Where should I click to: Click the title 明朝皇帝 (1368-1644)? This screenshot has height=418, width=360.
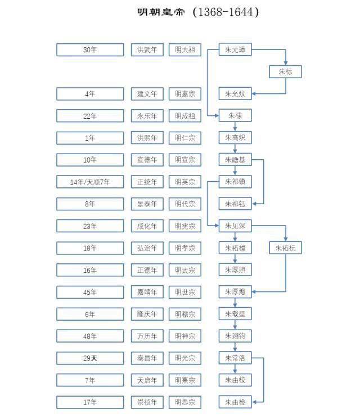coord(199,12)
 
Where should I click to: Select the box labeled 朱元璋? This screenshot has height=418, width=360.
coord(235,50)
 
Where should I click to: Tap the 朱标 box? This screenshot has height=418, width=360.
coord(286,72)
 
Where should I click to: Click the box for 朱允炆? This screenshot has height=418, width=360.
coord(235,94)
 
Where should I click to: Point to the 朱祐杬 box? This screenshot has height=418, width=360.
coord(286,248)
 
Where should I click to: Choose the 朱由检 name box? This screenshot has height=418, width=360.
coord(235,402)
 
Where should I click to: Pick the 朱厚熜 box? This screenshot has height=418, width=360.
coord(235,292)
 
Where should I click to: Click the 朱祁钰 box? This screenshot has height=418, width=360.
coord(235,204)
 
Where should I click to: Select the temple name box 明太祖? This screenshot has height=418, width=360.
coord(184,50)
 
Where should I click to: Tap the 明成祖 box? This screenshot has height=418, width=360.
coord(184,116)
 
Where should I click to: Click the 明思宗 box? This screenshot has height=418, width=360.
coord(184,402)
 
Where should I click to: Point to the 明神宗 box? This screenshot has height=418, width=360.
coord(184,336)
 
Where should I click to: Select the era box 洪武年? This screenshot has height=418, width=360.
coord(147,50)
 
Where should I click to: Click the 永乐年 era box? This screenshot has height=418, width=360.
coord(147,116)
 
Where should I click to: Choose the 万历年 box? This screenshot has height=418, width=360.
coord(147,336)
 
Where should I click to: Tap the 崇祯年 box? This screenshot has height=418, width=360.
coord(147,402)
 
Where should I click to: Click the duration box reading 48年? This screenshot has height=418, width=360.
coord(90,336)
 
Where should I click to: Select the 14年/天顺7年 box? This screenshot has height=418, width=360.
coord(90,182)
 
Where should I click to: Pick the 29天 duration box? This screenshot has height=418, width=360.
coord(90,358)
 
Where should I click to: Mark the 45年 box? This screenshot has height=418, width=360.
coord(90,292)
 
